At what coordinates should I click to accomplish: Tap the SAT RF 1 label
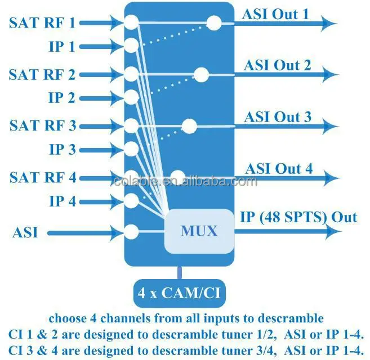pos(42,23)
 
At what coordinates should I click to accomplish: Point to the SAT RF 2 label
pos(42,74)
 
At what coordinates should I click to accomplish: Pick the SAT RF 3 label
pos(42,125)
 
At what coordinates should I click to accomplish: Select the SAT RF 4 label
pos(42,177)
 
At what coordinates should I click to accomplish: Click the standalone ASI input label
pos(24,232)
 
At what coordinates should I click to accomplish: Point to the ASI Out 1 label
pos(275,14)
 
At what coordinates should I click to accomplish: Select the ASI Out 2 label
pos(277,65)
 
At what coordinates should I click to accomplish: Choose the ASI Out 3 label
pos(277,117)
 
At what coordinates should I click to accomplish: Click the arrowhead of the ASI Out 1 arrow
pos(329,23)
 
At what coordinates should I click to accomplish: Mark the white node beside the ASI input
pos(131,231)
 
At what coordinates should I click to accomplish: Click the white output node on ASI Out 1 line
pos(214,23)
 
